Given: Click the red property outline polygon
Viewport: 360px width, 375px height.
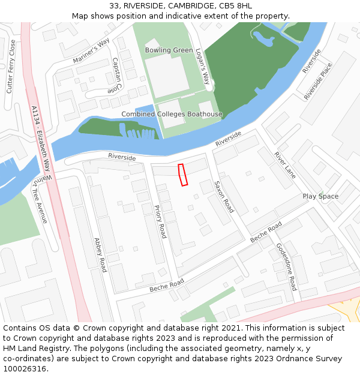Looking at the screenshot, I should [x=183, y=175].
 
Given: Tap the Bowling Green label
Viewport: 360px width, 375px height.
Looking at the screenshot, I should [x=169, y=50].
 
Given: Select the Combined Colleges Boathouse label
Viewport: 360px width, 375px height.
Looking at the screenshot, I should [x=172, y=114].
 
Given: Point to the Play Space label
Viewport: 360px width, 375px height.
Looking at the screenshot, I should [x=320, y=196].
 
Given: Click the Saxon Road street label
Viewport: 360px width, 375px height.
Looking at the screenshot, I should [x=224, y=196].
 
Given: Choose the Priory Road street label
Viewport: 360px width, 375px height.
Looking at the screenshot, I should [x=160, y=221].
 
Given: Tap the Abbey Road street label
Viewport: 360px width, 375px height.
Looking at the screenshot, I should [x=100, y=255].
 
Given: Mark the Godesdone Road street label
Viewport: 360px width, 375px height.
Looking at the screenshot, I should [x=286, y=266].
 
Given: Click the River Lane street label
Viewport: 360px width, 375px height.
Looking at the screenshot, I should [x=285, y=164].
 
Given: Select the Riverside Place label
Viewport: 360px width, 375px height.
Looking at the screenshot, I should [x=318, y=82].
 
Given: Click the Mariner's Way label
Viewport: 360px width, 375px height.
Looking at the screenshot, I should [x=91, y=52].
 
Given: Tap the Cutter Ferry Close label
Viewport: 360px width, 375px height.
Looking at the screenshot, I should [x=10, y=67].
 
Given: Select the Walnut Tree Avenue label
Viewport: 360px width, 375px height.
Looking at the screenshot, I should [x=40, y=199].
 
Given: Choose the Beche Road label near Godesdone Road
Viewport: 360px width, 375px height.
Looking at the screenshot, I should [x=266, y=232].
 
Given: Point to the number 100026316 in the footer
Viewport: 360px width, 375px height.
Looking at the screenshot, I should [x=26, y=368].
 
